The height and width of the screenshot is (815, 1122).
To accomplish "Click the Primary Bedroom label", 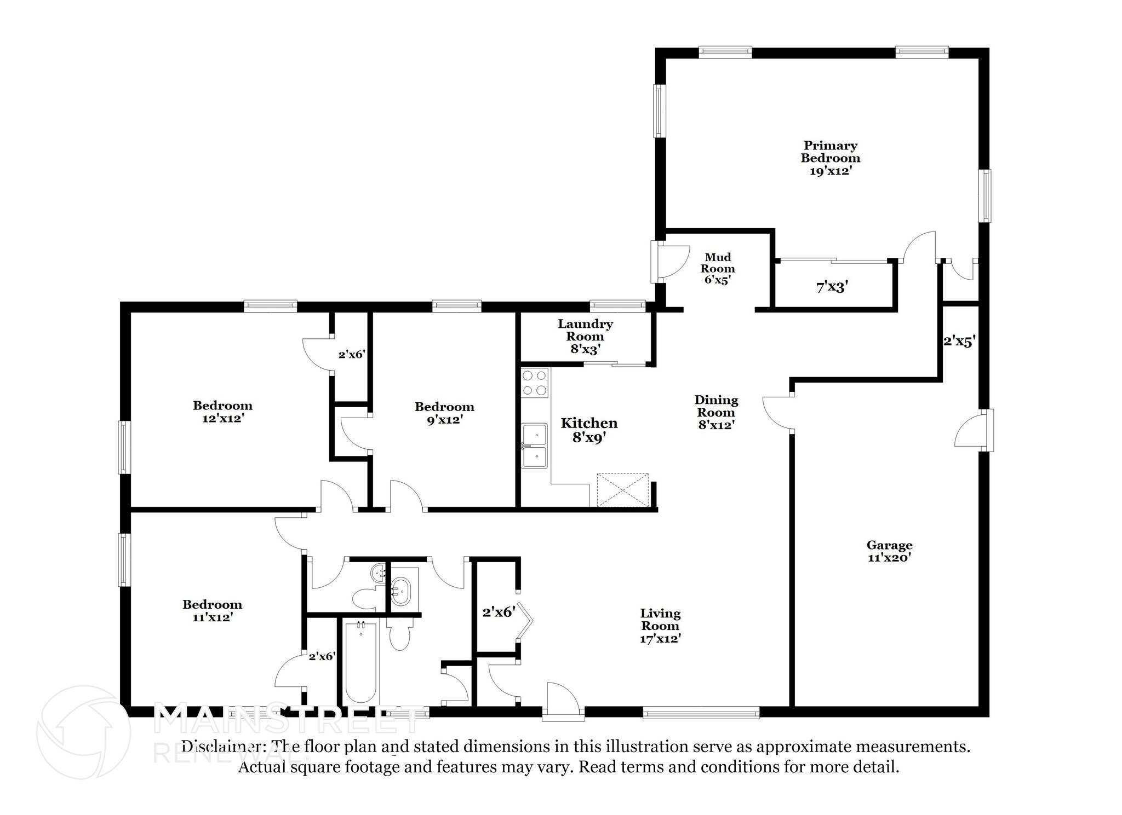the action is [x=831, y=158].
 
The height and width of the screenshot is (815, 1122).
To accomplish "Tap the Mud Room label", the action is [x=718, y=268].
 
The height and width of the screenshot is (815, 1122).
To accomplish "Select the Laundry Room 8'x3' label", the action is [x=585, y=336].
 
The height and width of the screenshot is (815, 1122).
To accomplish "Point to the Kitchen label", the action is [x=589, y=430].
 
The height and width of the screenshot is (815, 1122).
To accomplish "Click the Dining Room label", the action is [x=716, y=412].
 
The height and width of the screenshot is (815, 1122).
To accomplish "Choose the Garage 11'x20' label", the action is [x=889, y=551].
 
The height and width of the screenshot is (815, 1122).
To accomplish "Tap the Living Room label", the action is [x=661, y=626].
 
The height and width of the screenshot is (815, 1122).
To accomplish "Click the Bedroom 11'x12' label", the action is [x=212, y=611].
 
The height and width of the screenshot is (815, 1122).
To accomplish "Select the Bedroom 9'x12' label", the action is [x=444, y=413].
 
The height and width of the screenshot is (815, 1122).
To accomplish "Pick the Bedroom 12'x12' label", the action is [x=222, y=412].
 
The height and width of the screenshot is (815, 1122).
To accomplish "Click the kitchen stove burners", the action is [x=534, y=383].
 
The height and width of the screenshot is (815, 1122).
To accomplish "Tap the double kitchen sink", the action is [x=534, y=446].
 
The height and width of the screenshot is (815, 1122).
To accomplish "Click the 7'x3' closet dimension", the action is [x=832, y=286].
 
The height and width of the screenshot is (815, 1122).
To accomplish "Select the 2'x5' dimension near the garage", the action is [x=959, y=341].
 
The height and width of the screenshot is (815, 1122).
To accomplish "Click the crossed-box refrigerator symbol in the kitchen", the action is [x=623, y=490].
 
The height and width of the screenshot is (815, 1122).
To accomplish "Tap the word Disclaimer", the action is [x=221, y=747].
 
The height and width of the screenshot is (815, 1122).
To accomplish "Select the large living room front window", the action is [x=701, y=712].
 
